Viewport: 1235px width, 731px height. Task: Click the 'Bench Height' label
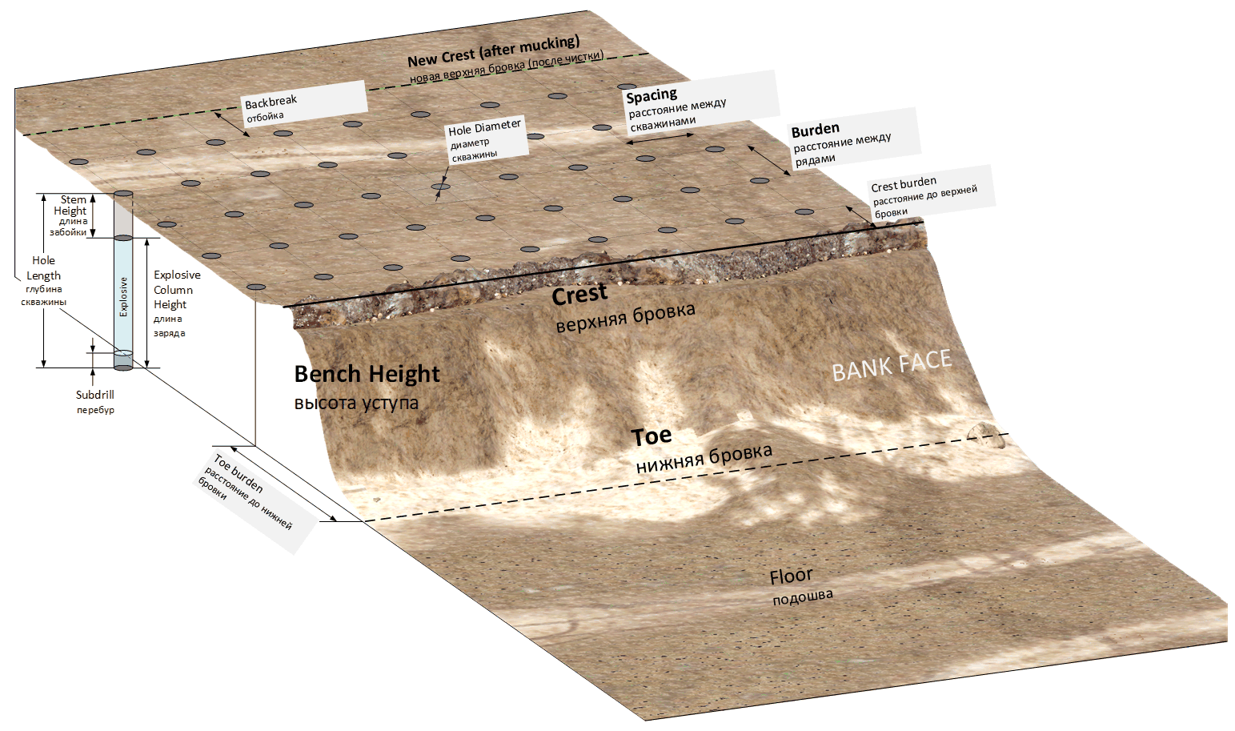(367, 374)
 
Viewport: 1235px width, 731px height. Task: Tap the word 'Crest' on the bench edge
(579, 295)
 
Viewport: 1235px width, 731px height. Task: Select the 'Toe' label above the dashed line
(651, 436)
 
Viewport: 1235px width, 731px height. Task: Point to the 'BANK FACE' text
(891, 366)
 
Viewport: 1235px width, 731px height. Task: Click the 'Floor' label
(791, 576)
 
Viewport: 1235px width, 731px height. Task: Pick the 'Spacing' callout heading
(652, 96)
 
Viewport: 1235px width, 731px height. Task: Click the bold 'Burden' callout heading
(815, 130)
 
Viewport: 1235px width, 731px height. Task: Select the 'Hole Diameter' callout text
(484, 128)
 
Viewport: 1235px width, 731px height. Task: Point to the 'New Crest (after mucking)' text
(493, 52)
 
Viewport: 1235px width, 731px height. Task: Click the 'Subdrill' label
(95, 395)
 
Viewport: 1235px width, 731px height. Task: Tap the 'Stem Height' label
(72, 205)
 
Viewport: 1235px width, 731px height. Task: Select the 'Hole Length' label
(43, 268)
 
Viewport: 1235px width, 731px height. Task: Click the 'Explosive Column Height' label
(176, 290)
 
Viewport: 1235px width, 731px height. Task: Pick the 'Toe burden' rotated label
(239, 473)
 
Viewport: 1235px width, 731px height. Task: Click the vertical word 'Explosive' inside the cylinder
(123, 296)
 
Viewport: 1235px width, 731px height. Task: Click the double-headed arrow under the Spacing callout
(660, 139)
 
